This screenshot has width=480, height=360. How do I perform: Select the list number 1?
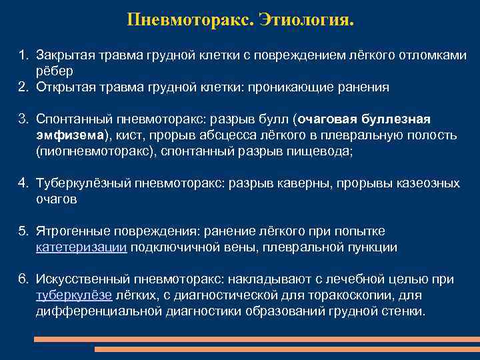click(23, 55)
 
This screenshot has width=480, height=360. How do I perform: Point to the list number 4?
click(23, 183)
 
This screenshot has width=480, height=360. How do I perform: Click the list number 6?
click(23, 279)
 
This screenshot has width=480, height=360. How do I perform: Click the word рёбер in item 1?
click(55, 70)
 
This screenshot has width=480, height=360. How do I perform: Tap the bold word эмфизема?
click(70, 135)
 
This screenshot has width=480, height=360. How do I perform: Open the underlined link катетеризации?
click(81, 247)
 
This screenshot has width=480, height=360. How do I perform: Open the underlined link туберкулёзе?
click(74, 295)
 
